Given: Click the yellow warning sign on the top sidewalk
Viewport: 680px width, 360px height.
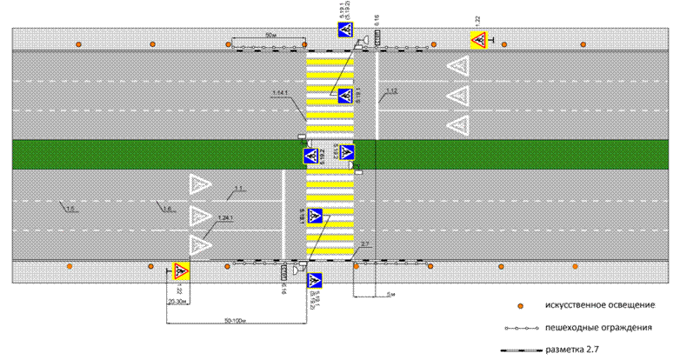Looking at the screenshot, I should (478, 40).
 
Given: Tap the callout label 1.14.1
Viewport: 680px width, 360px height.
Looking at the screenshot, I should (279, 93).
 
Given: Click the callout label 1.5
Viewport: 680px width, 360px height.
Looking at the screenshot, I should (70, 208).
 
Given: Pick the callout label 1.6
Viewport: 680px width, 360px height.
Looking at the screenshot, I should (163, 208).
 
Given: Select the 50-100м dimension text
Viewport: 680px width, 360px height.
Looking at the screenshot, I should (232, 320).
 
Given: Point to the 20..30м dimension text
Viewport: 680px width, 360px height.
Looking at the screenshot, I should (177, 303).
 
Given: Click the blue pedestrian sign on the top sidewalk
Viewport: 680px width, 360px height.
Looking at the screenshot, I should (345, 31).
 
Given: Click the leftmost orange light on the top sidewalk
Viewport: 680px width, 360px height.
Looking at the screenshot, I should (79, 43).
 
